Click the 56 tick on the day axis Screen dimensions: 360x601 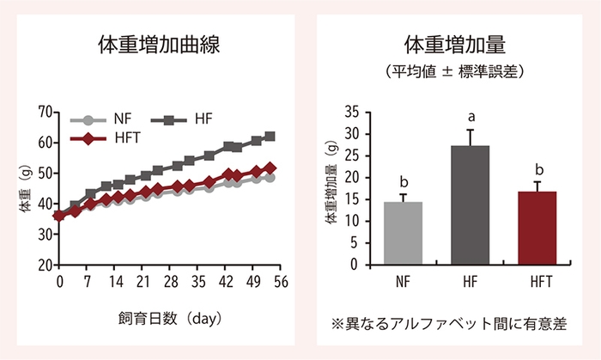point(280,281)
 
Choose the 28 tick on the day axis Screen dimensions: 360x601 point(170,281)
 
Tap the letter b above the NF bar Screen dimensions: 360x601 point(403,182)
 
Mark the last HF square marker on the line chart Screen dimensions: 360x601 point(270,137)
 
